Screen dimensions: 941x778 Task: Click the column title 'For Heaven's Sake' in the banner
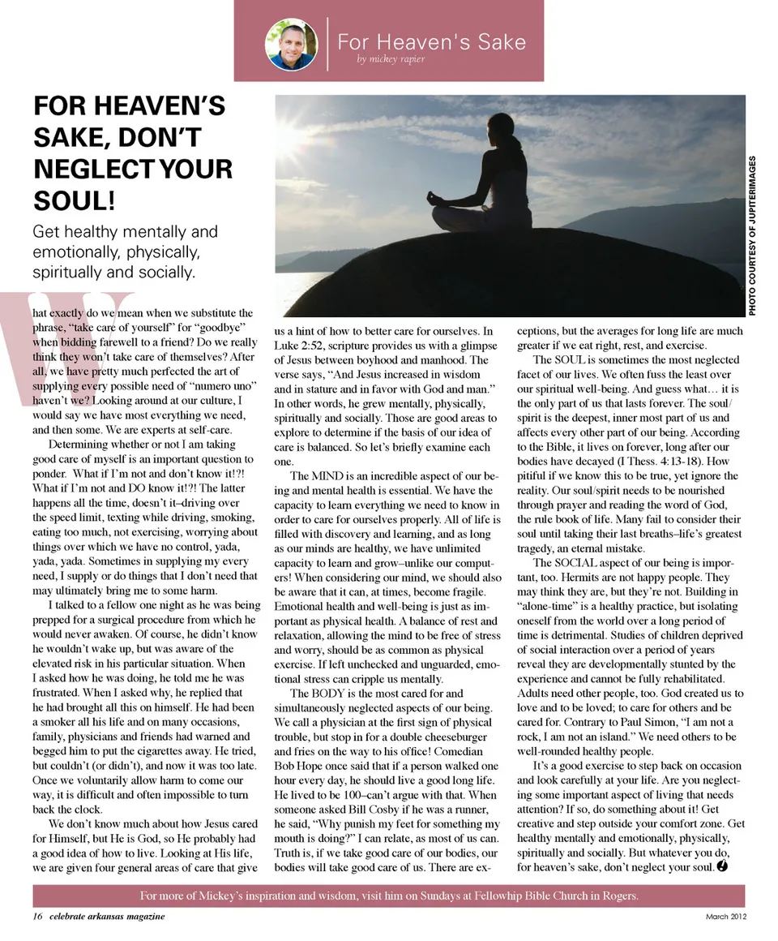point(431,41)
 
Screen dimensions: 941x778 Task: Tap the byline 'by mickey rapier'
point(391,58)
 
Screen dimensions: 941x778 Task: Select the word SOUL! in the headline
point(73,200)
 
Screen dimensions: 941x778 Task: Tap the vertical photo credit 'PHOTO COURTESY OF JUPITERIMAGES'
point(753,235)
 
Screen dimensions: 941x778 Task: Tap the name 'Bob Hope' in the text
point(300,766)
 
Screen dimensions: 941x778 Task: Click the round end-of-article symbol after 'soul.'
point(722,866)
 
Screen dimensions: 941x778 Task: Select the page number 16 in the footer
point(37,917)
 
